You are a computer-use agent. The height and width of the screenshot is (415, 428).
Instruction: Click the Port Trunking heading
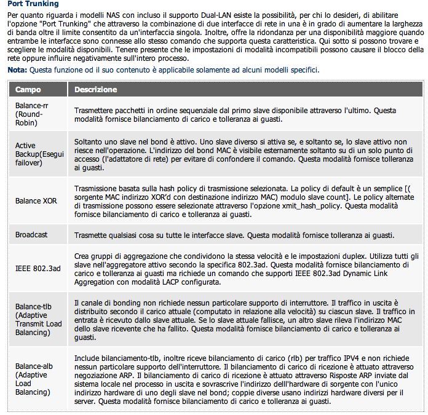click(33, 4)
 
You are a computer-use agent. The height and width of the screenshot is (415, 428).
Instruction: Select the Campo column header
click(28, 90)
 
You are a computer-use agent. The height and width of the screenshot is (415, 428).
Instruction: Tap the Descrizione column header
click(95, 90)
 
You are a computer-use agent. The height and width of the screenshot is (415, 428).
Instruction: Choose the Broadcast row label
click(31, 235)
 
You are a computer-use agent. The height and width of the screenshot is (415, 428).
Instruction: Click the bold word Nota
click(17, 70)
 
